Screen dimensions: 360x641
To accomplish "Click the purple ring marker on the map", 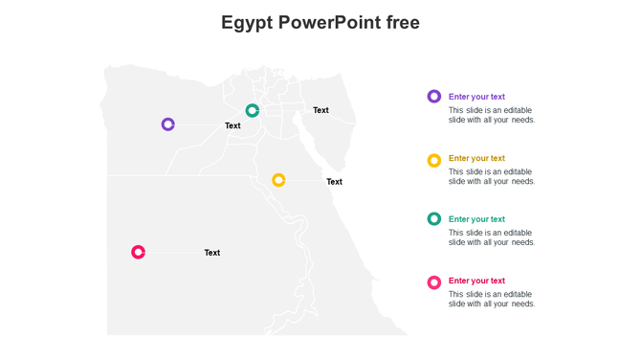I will click(x=168, y=124).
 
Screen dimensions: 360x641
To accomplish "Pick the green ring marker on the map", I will click(x=253, y=111).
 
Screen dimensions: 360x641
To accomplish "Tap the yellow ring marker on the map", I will click(x=278, y=180).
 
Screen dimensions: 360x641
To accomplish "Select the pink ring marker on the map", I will click(x=139, y=253).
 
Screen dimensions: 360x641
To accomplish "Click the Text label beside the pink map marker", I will click(x=212, y=253).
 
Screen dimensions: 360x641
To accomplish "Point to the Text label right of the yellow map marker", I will click(x=334, y=182).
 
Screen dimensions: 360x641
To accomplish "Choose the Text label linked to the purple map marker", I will click(x=232, y=125).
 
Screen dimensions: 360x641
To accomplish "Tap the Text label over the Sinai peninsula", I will click(x=320, y=110).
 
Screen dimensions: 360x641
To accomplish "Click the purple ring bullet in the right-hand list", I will click(x=434, y=97).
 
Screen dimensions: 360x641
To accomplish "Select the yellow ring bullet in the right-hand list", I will click(x=434, y=160).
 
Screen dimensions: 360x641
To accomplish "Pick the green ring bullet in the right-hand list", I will click(x=434, y=219).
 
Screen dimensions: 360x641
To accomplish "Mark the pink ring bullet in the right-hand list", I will click(x=434, y=282).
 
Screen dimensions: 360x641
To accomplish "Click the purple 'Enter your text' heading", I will click(x=476, y=97).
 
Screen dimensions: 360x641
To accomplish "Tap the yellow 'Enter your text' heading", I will click(x=476, y=158).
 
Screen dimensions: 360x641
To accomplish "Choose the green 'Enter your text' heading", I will click(x=476, y=219).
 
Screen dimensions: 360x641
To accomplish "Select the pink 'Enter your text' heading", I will click(x=476, y=281).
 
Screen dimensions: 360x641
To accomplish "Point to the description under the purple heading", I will click(x=492, y=115).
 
